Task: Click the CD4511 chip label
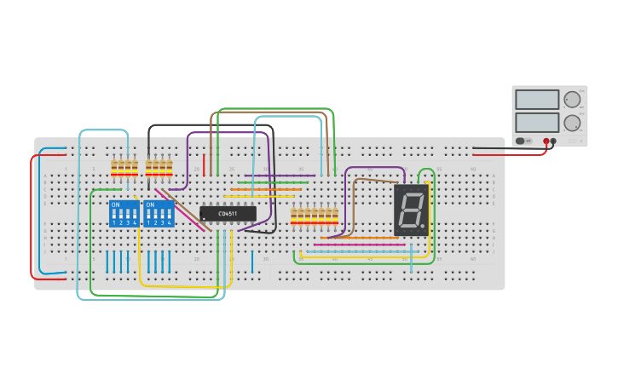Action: click(228, 214)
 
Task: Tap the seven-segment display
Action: click(411, 210)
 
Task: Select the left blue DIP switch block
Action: click(124, 213)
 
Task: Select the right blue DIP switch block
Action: click(159, 213)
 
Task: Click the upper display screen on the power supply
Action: click(537, 100)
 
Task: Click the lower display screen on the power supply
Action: click(537, 122)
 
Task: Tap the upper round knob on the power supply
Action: click(572, 100)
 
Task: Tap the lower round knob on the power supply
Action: click(572, 123)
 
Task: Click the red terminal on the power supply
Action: click(546, 141)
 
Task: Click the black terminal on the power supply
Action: click(554, 141)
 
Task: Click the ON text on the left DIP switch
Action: click(115, 205)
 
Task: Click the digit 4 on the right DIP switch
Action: click(170, 222)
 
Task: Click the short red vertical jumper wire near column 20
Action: click(204, 164)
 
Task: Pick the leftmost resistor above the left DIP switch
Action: click(114, 167)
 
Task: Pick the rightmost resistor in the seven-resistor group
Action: click(335, 216)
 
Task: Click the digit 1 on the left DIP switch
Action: click(113, 222)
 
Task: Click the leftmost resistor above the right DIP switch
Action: click(148, 167)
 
